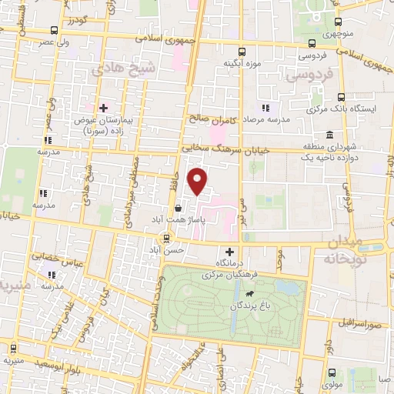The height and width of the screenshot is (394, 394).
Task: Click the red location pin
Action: point(199,182)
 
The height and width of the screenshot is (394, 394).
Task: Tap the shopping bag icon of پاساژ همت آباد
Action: point(179,207)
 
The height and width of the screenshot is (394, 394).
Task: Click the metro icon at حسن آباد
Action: point(166,249)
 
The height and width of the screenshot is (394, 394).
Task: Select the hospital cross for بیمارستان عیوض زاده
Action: point(103,108)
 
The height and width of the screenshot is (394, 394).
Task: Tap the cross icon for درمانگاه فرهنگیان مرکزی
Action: point(229,252)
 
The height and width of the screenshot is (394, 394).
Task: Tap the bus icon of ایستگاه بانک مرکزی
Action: point(342,98)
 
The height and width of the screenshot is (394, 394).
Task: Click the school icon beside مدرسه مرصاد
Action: point(265,108)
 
